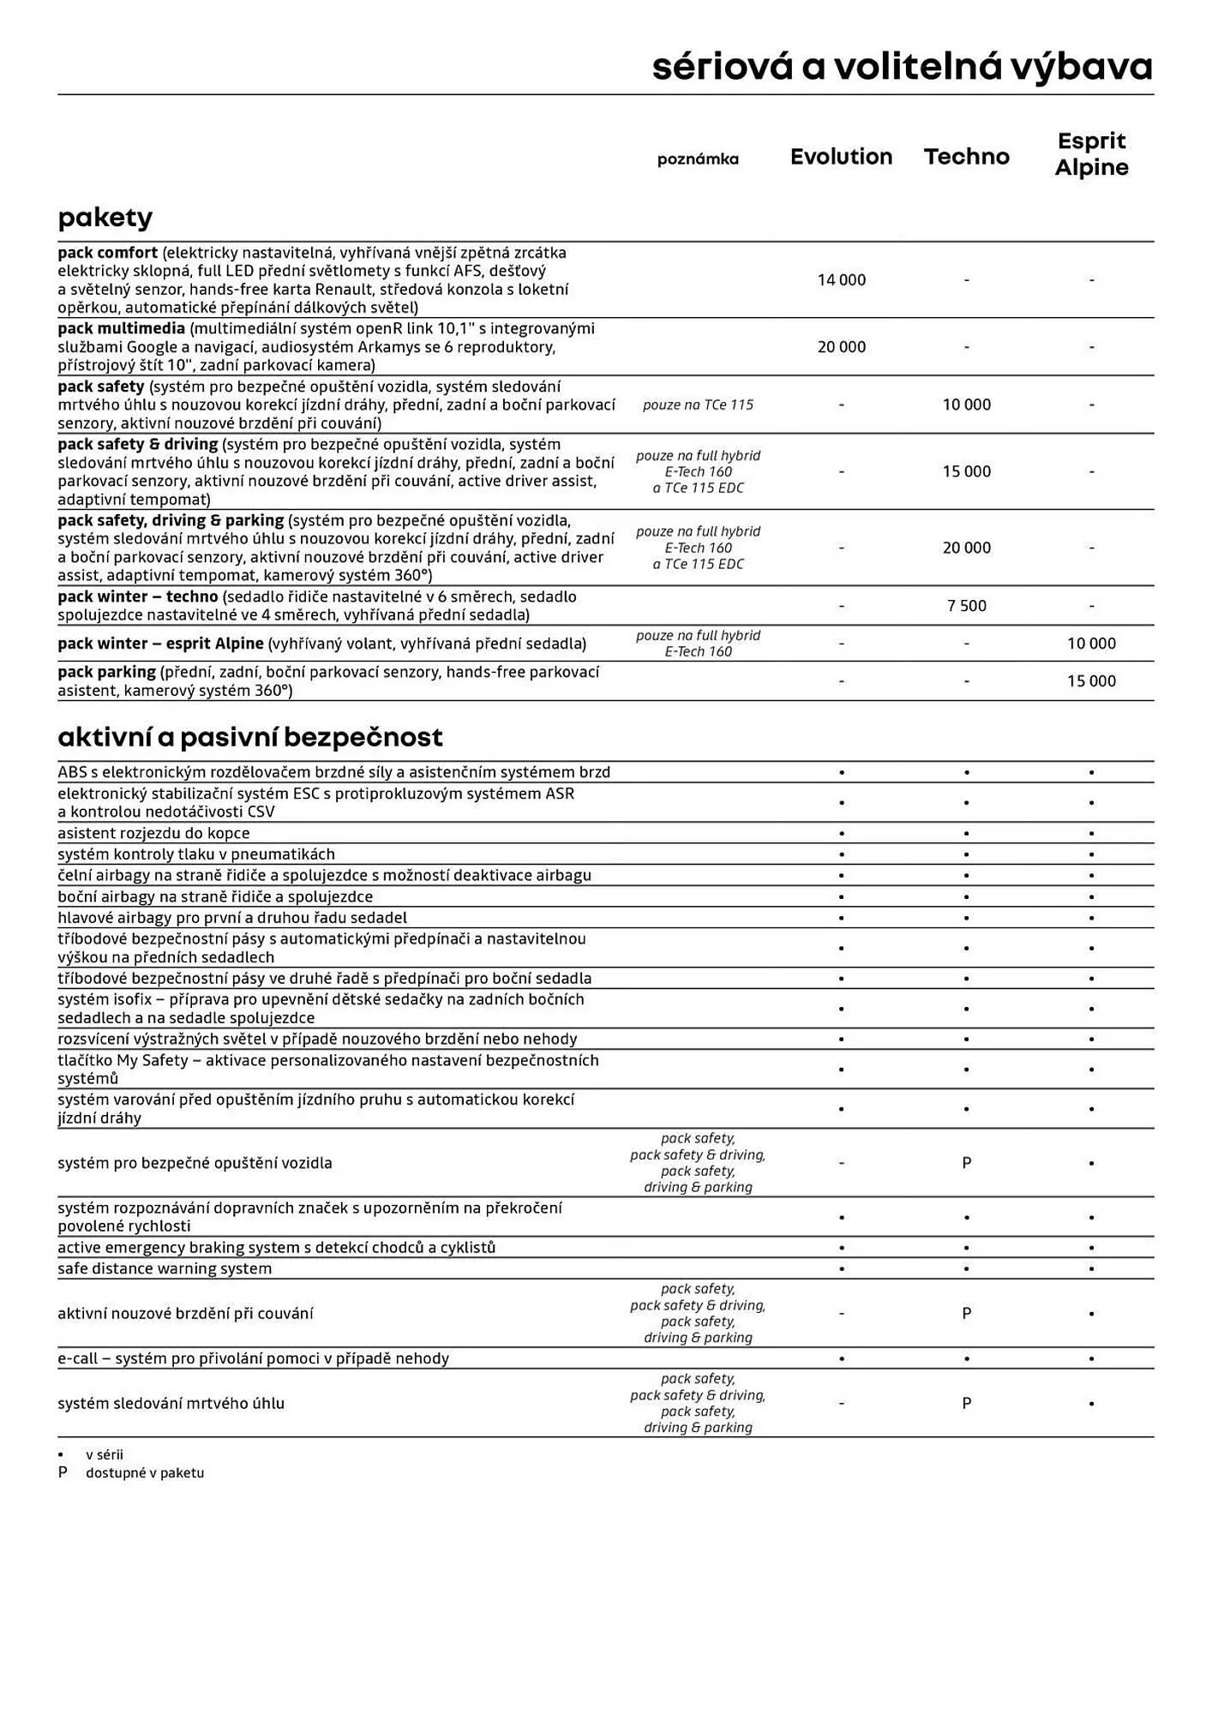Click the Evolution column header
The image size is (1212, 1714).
841,157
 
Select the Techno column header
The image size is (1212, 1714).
966,157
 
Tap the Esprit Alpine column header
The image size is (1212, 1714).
1091,154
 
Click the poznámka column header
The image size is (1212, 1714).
698,159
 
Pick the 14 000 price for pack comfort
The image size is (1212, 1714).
841,280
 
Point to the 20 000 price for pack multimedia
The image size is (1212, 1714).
841,347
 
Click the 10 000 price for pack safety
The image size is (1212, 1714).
966,405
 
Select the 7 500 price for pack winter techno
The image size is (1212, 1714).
966,606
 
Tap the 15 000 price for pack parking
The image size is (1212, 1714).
1091,681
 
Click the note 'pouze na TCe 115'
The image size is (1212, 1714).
698,405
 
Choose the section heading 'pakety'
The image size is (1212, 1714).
105,218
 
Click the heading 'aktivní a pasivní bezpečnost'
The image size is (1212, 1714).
250,737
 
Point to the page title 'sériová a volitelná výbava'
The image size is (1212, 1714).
902,67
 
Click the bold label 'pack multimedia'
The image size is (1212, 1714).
121,329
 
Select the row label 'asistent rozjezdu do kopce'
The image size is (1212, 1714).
153,833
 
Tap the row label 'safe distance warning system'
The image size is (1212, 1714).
165,1268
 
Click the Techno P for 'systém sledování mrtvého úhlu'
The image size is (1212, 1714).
966,1404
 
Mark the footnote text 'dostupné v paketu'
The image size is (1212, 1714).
145,1473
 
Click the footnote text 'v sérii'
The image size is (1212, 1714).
105,1454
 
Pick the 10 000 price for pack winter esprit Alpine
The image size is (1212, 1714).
1091,644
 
